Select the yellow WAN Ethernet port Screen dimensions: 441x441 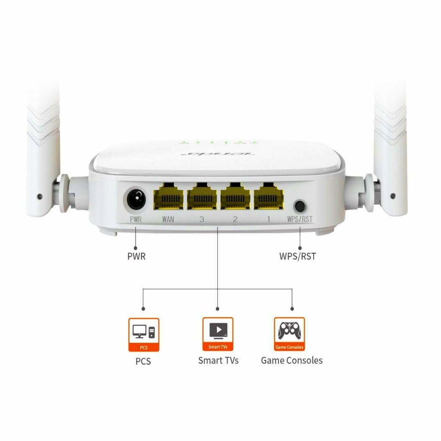pyautogui.click(x=168, y=196)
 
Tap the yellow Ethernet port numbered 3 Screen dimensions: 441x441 pyautogui.click(x=202, y=196)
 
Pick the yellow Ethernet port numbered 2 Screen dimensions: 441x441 pyautogui.click(x=235, y=196)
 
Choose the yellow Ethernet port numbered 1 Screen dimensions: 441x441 pyautogui.click(x=268, y=196)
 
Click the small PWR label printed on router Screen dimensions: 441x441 pyautogui.click(x=135, y=219)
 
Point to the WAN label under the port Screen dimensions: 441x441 pyautogui.click(x=168, y=219)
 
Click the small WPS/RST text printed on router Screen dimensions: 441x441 pyautogui.click(x=300, y=219)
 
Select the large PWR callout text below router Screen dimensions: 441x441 pyautogui.click(x=137, y=256)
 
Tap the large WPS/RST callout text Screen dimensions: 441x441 pyautogui.click(x=297, y=256)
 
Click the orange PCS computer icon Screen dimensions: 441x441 pyautogui.click(x=144, y=334)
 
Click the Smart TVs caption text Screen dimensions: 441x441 pyautogui.click(x=218, y=360)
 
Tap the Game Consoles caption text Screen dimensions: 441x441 pyautogui.click(x=291, y=360)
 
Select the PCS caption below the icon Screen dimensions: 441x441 pyautogui.click(x=143, y=361)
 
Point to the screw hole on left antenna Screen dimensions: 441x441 pyautogui.click(x=39, y=196)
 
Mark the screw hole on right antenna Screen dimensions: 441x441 pyautogui.click(x=392, y=196)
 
